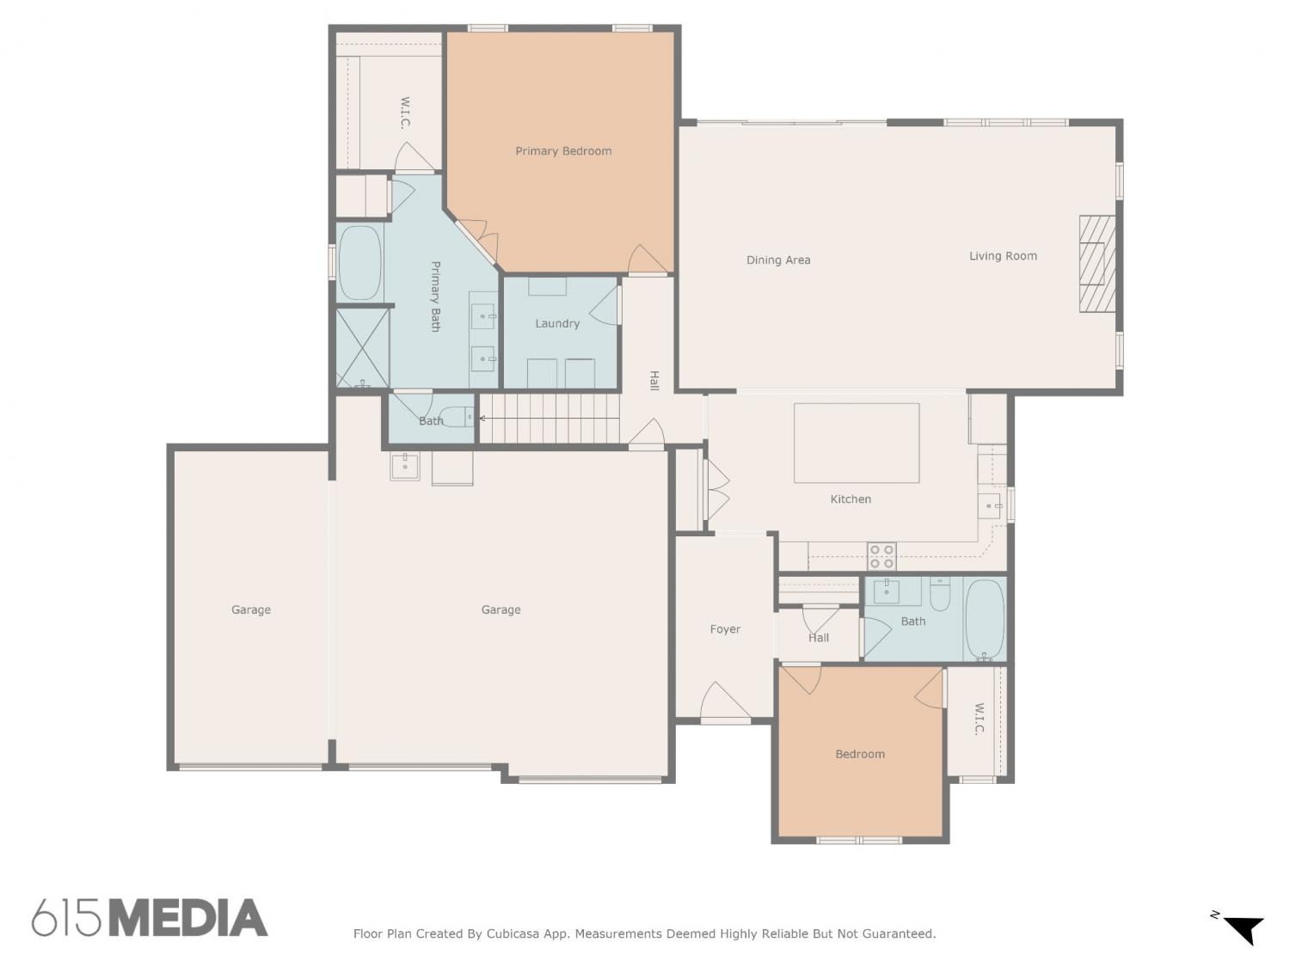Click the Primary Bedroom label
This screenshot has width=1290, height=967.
pyautogui.click(x=563, y=151)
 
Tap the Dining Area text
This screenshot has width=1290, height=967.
pyautogui.click(x=778, y=260)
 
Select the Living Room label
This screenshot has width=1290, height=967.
pyautogui.click(x=1003, y=256)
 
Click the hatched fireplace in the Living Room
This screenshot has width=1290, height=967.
pyautogui.click(x=1096, y=264)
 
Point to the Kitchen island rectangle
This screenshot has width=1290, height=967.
pyautogui.click(x=857, y=443)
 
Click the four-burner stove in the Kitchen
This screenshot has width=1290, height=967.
pyautogui.click(x=881, y=556)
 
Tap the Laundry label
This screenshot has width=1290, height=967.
pyautogui.click(x=557, y=323)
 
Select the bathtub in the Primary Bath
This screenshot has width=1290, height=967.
pyautogui.click(x=359, y=263)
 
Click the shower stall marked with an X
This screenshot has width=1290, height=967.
pyautogui.click(x=362, y=347)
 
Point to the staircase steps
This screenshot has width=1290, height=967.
pyautogui.click(x=550, y=418)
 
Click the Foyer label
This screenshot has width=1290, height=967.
pyautogui.click(x=725, y=629)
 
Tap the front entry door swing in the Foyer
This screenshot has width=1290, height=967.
pyautogui.click(x=725, y=701)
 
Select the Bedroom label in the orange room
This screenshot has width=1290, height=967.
pyautogui.click(x=860, y=754)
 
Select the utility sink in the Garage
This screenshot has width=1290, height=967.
pyautogui.click(x=405, y=466)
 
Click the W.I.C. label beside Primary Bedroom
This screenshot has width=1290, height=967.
pyautogui.click(x=405, y=113)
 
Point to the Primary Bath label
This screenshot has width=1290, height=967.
pyautogui.click(x=435, y=297)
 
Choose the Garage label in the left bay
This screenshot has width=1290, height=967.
pyautogui.click(x=251, y=609)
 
